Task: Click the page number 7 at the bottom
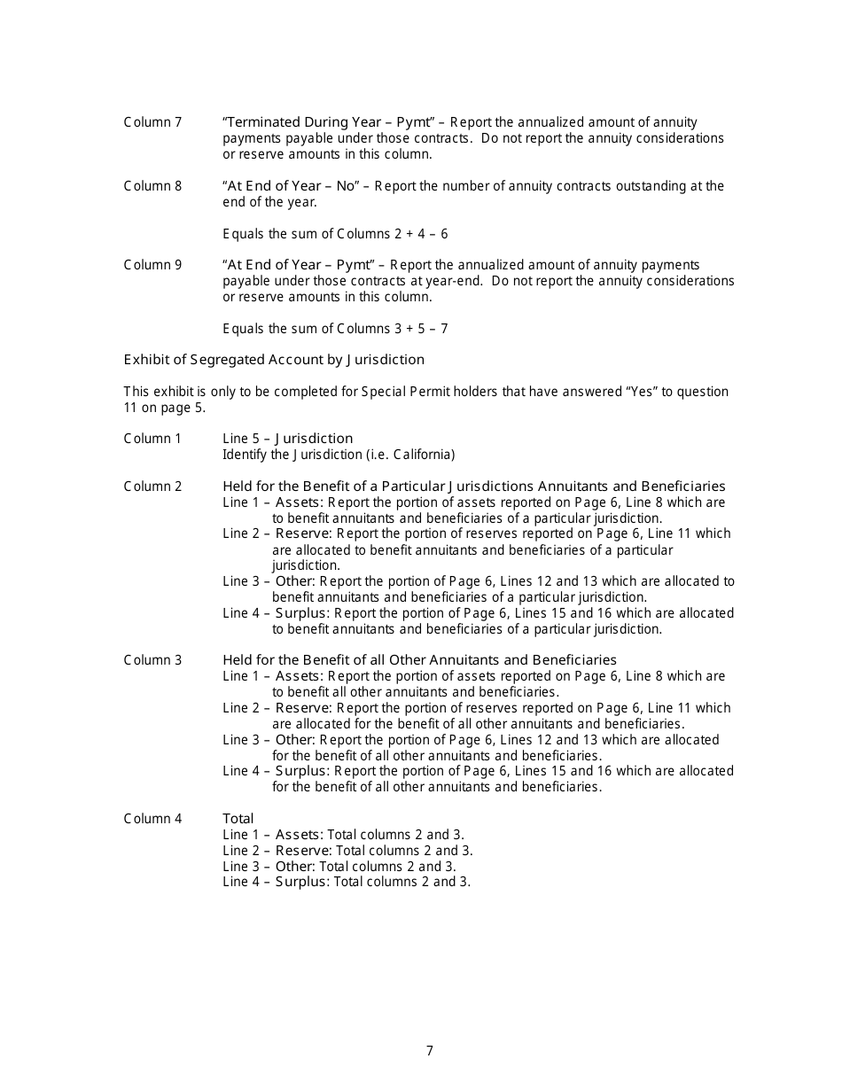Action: (430, 1051)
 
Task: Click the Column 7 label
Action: (152, 122)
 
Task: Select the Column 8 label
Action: (152, 186)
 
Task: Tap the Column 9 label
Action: (152, 265)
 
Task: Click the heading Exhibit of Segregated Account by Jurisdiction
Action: (274, 360)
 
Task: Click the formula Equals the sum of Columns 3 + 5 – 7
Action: (335, 329)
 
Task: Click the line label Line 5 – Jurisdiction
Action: (287, 439)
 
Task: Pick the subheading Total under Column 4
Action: (238, 819)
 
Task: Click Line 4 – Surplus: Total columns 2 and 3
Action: (346, 882)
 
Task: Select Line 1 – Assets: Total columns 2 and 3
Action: (343, 835)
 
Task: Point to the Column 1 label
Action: (152, 439)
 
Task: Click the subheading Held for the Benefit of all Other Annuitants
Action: (419, 660)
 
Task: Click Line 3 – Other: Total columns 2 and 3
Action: (339, 867)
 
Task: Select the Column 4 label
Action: (152, 819)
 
